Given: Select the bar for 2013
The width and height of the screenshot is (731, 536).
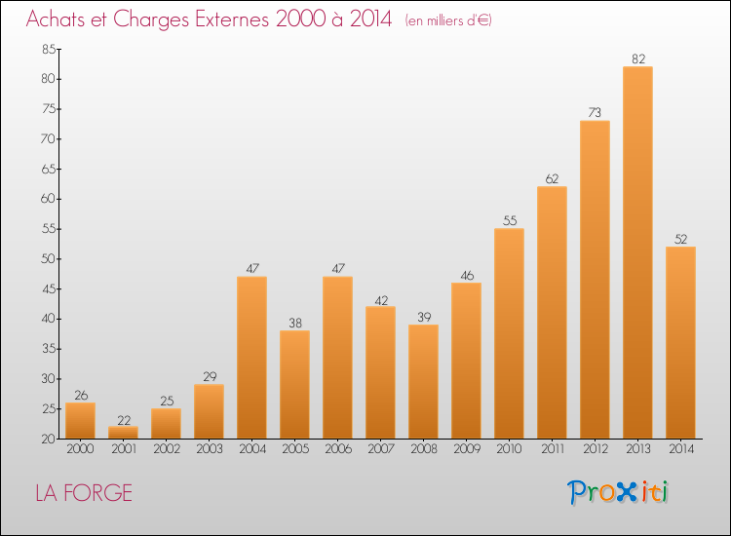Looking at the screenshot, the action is (637, 252).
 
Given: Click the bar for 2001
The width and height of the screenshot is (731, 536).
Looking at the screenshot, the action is (123, 433).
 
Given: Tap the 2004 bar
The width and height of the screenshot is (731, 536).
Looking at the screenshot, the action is (251, 358).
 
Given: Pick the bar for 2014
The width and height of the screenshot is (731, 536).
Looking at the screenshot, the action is (680, 343).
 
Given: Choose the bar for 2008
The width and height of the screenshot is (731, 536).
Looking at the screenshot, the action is (423, 382).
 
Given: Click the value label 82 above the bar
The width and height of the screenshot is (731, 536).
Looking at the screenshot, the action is (638, 59).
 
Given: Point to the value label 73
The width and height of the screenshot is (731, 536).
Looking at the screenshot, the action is (595, 113).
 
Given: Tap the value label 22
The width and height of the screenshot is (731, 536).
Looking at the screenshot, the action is (124, 420).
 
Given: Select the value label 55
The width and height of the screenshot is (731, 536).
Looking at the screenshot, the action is (510, 220).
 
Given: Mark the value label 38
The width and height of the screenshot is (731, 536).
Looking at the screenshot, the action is (295, 323).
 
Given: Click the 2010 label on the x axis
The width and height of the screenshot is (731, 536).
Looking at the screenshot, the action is (509, 449).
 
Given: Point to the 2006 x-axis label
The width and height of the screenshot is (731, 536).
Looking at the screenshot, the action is (338, 449).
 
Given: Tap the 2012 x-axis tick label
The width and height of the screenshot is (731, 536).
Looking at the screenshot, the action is (596, 449).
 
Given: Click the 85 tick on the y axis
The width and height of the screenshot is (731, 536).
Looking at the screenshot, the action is (49, 50).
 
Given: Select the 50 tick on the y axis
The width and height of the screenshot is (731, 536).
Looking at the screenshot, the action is (49, 259).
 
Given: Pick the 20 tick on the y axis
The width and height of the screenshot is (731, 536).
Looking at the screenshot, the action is (49, 440).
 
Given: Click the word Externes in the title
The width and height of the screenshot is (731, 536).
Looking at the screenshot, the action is (232, 19).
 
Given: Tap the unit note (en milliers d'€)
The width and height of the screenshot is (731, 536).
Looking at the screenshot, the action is (448, 21).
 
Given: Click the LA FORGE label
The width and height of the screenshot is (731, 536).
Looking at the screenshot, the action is (84, 493).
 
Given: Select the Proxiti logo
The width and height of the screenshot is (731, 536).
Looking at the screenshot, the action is (618, 492).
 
